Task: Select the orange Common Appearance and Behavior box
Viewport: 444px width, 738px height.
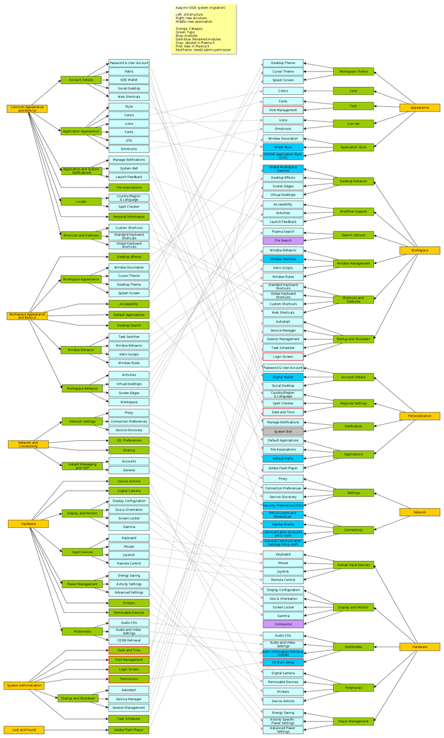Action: click(27, 109)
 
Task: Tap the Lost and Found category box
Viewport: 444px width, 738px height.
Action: click(24, 729)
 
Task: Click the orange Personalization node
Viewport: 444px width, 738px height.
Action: click(419, 416)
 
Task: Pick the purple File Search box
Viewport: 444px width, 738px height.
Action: click(282, 240)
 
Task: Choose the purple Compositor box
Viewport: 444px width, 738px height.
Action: click(282, 624)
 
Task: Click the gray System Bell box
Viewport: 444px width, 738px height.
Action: click(282, 432)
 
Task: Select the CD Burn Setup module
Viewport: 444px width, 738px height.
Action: click(282, 662)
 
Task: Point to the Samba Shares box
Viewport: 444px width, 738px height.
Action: click(282, 524)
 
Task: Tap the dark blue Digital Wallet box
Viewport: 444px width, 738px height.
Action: click(282, 377)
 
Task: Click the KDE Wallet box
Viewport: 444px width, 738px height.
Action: click(129, 80)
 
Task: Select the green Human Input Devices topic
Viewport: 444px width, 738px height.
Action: click(354, 565)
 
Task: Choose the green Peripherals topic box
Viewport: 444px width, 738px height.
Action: click(354, 687)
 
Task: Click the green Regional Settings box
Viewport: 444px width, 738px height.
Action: click(354, 403)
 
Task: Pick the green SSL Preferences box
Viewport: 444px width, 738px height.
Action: click(129, 440)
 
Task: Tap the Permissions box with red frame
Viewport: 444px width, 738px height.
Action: click(129, 678)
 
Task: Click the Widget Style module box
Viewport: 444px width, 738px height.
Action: click(282, 147)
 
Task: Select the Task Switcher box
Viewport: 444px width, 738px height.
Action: click(129, 337)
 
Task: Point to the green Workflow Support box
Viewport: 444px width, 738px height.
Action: click(354, 211)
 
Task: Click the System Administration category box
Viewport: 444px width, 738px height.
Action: click(25, 686)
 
